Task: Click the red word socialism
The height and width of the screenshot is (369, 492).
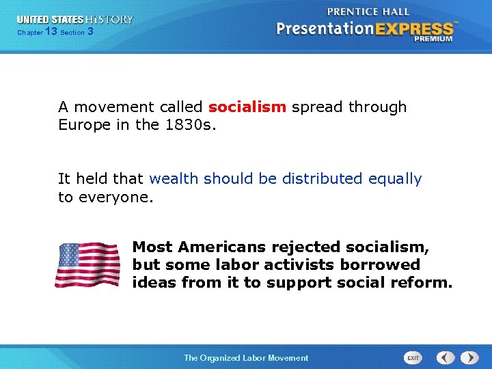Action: click(x=247, y=107)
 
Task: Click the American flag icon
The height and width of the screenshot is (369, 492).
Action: click(x=87, y=264)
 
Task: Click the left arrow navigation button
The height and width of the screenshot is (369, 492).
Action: click(x=446, y=357)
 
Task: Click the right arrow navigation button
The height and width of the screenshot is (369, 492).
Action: click(x=469, y=357)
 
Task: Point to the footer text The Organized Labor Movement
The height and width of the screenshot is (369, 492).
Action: click(x=246, y=358)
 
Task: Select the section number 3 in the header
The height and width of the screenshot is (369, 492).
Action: click(x=91, y=31)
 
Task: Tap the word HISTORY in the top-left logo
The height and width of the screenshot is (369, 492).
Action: click(x=109, y=20)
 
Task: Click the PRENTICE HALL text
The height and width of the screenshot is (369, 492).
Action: click(x=368, y=12)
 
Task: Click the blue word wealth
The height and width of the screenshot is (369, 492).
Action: click(x=174, y=179)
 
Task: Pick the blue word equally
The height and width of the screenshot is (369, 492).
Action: click(x=395, y=179)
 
